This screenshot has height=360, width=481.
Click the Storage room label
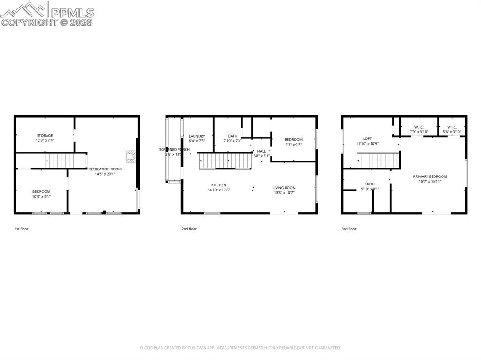[45, 136]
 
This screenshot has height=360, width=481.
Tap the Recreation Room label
[105, 169]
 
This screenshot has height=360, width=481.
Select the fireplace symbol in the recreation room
[132, 156]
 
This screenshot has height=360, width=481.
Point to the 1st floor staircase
[60, 161]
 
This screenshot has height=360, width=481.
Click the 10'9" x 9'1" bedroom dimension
[41, 197]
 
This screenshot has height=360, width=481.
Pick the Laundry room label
[197, 136]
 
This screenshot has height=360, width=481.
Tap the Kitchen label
[218, 185]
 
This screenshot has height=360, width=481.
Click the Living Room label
[284, 188]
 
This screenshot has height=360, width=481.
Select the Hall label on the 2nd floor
[262, 151]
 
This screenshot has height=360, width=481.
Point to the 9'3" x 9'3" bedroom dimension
[294, 145]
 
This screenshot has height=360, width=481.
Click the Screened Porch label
[174, 149]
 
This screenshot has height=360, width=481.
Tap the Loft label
[367, 138]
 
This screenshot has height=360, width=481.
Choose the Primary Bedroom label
[430, 176]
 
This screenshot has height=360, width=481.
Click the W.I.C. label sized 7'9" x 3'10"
[419, 127]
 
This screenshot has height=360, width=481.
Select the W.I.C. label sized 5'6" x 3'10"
[452, 127]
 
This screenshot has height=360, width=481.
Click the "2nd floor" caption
[189, 229]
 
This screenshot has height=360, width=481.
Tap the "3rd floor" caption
[349, 229]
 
